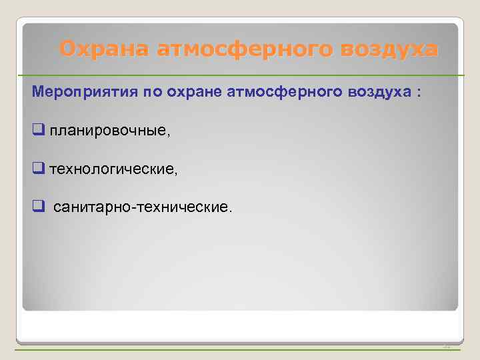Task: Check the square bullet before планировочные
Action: [x=38, y=131]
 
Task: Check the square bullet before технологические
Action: [x=38, y=169]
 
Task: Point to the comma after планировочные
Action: [x=169, y=135]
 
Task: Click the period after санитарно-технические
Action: [x=231, y=212]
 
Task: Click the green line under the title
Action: [x=240, y=75]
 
